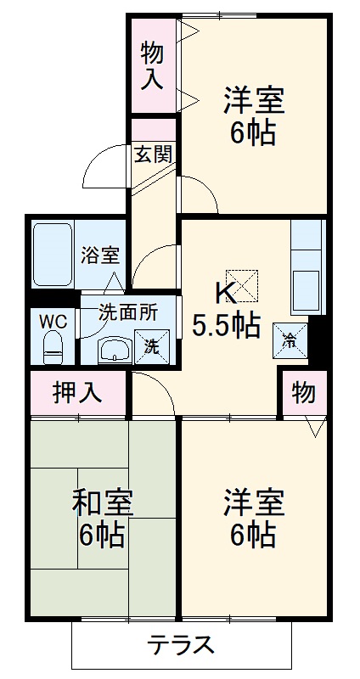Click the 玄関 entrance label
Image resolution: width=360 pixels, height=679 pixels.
pos(154,154)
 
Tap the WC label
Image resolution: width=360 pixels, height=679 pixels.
pos(51,322)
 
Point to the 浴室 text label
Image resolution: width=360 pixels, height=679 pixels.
pos(100,255)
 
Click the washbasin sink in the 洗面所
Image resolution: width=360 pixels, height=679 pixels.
pos(114,349)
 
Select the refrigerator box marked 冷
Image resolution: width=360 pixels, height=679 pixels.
pos(290,339)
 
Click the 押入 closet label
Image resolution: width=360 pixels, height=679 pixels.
pos(77,392)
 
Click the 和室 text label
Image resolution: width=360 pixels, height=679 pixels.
pos(101,503)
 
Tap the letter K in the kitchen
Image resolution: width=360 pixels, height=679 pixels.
pos(225,294)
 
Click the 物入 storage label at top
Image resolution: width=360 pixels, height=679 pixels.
pos(152,66)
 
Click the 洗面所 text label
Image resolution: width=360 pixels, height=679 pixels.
pos(127,311)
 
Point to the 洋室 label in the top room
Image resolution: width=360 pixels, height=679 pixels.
pos(254,101)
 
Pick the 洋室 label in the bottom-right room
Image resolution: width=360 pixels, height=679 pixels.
pos(254,502)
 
